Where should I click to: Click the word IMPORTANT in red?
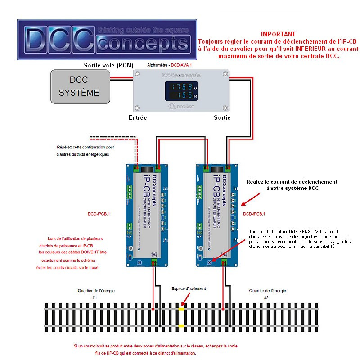(278, 34)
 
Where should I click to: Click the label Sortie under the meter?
(222, 117)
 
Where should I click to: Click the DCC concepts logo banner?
(107, 39)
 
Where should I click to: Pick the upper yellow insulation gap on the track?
(181, 309)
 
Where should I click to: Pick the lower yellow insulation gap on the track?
(181, 325)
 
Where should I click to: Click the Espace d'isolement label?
(189, 288)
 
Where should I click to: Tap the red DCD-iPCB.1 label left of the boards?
(99, 214)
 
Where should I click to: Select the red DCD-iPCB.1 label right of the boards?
(254, 214)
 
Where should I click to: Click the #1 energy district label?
(94, 298)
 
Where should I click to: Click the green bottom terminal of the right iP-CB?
(224, 263)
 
